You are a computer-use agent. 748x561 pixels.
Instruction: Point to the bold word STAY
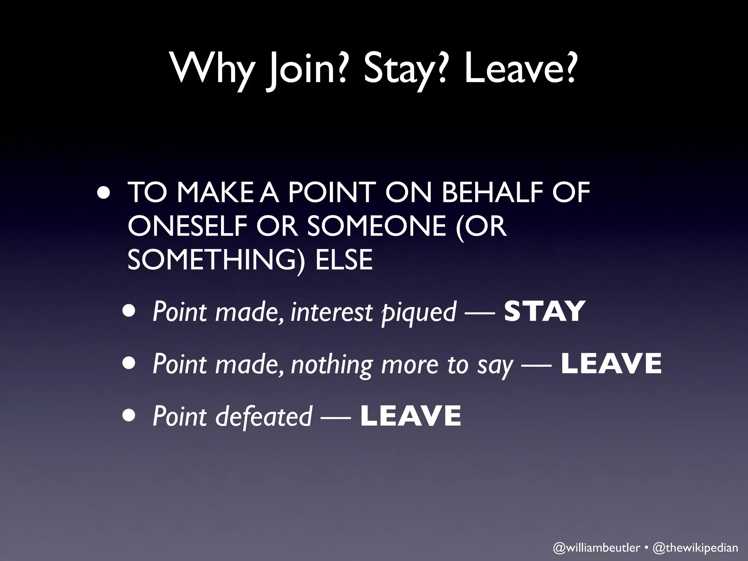pyautogui.click(x=544, y=312)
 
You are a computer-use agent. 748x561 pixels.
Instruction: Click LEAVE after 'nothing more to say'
pyautogui.click(x=611, y=364)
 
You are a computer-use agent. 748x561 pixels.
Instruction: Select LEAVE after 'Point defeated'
pyautogui.click(x=411, y=416)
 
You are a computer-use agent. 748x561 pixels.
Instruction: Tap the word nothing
pyautogui.click(x=331, y=365)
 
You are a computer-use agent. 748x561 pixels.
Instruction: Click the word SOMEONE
pyautogui.click(x=377, y=225)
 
